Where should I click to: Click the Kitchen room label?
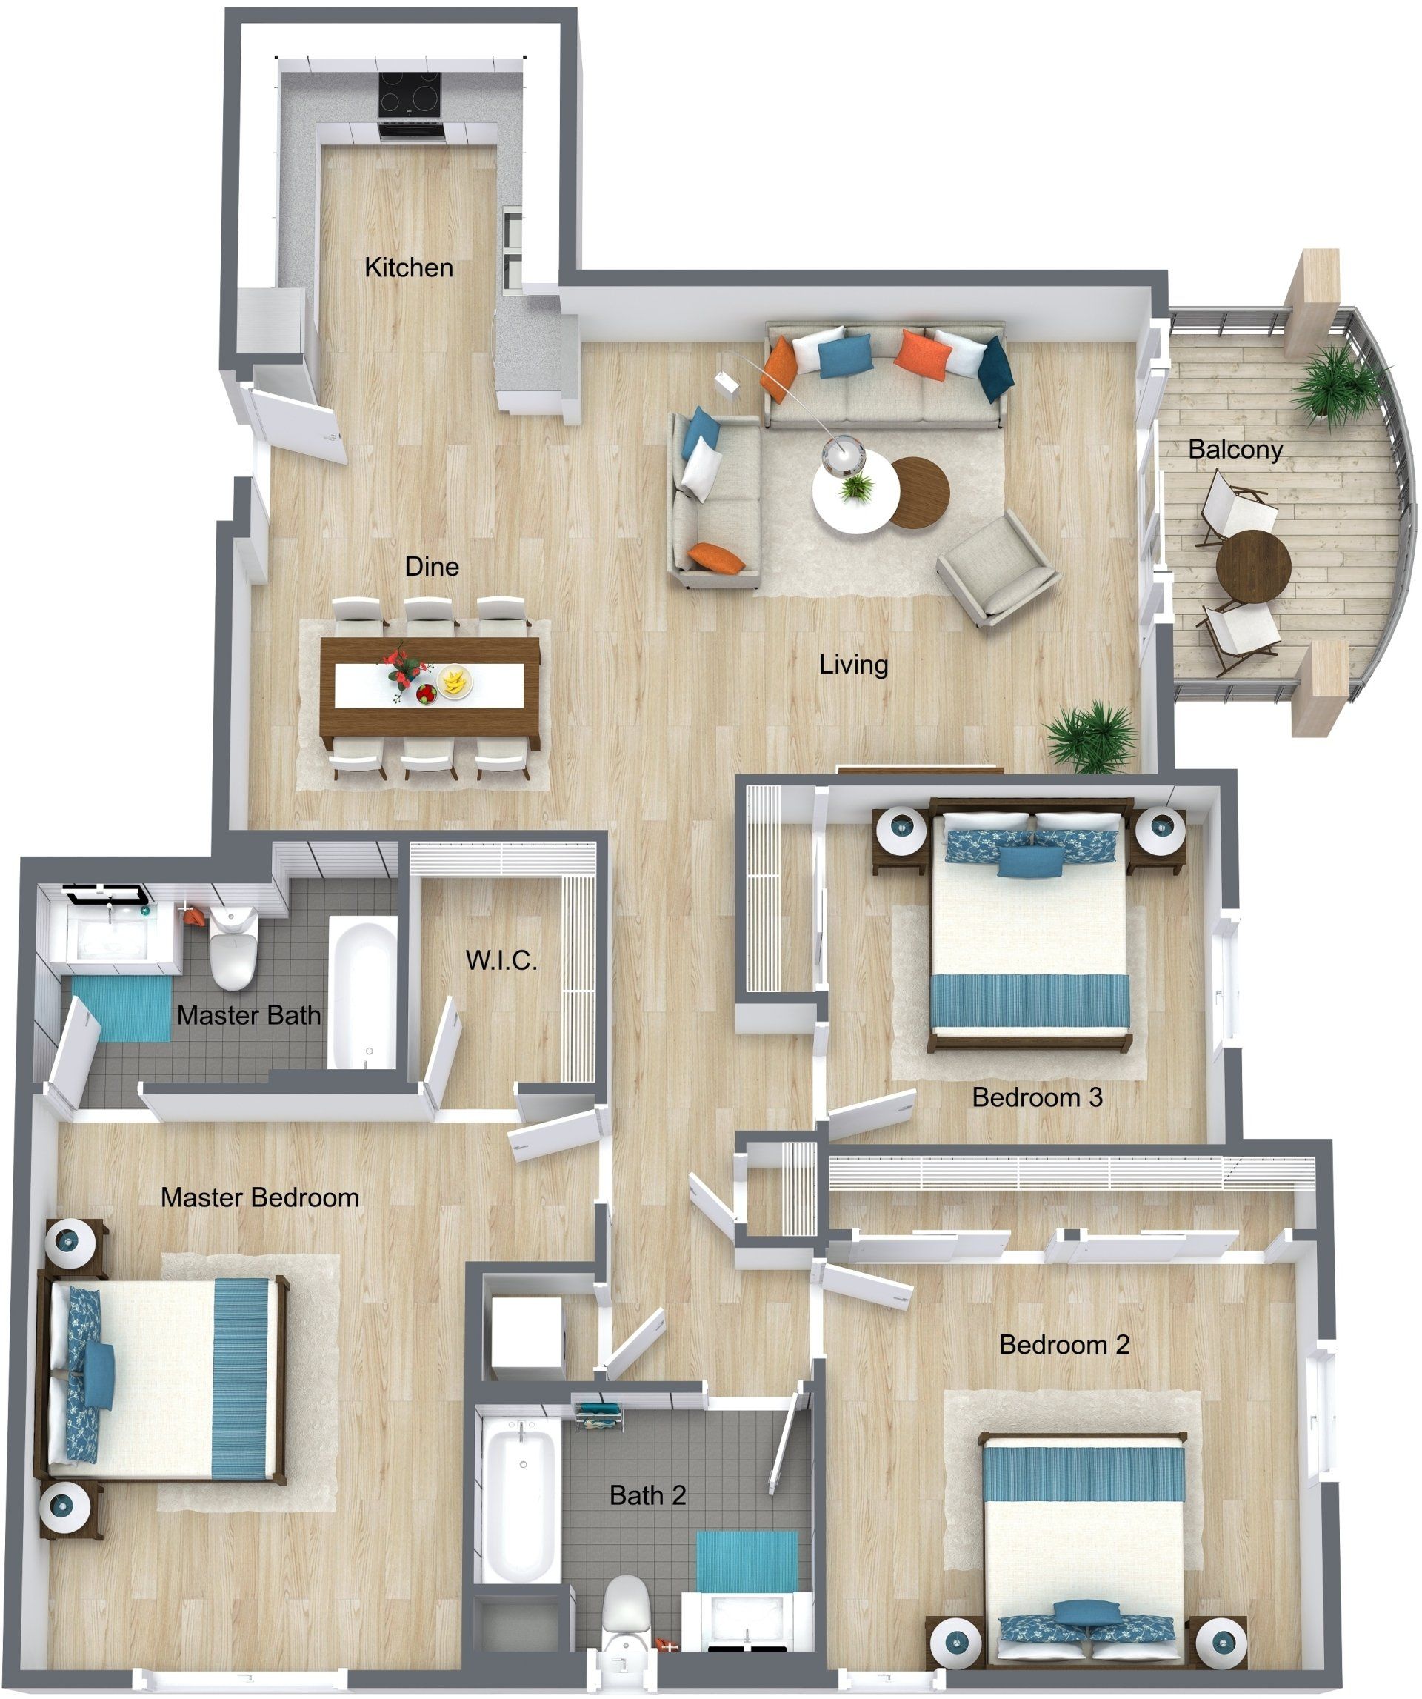409,267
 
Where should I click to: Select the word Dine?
432,566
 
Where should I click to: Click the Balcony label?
1235,449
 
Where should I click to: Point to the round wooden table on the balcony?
1253,566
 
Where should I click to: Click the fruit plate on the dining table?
455,680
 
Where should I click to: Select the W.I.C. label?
501,960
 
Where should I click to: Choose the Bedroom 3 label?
1037,1097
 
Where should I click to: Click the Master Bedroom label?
260,1197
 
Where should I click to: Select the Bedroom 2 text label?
1064,1344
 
